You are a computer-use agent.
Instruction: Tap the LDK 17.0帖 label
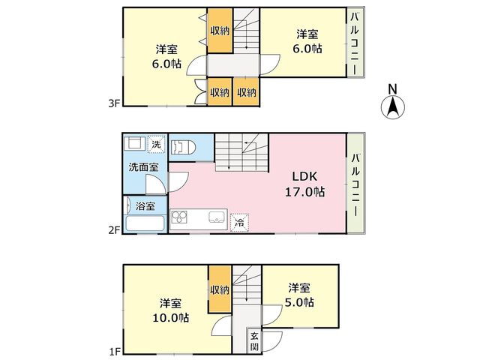click(305, 184)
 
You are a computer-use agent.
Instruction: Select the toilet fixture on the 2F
click(183, 148)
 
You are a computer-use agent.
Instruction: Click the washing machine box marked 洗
click(156, 144)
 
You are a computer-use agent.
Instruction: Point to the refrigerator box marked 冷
click(239, 222)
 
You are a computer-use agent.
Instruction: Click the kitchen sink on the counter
click(217, 217)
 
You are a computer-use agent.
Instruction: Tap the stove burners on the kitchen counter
click(179, 217)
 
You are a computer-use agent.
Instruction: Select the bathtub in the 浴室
click(145, 223)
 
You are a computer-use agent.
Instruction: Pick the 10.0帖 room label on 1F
click(170, 310)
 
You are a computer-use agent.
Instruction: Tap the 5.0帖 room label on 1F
click(299, 295)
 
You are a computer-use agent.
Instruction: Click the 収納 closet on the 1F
click(220, 289)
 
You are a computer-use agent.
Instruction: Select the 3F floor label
click(113, 103)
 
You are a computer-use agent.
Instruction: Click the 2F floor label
click(113, 230)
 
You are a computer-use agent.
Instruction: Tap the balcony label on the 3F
click(355, 43)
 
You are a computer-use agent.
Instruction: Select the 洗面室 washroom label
click(143, 167)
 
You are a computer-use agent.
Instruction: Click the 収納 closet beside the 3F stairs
click(220, 31)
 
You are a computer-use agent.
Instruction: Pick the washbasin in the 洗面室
click(135, 143)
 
